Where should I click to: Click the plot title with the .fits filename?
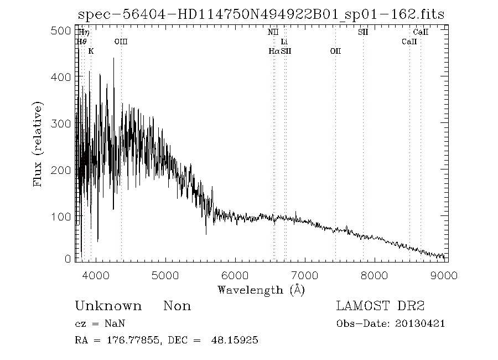pos(261,13)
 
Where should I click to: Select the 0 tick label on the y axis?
pos(68,259)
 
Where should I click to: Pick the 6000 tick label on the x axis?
pos(235,275)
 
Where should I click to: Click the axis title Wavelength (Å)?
pos(261,290)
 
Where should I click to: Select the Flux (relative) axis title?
pos(38,143)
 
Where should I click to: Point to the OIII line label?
pos(121,42)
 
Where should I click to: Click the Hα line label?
pos(274,51)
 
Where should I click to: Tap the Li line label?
pos(284,42)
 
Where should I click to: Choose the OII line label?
pos(335,51)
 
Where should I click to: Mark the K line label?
pos(91,51)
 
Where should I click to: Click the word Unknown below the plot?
pos(108,306)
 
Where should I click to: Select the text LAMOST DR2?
pos(380,306)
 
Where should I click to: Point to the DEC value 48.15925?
pos(235,340)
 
